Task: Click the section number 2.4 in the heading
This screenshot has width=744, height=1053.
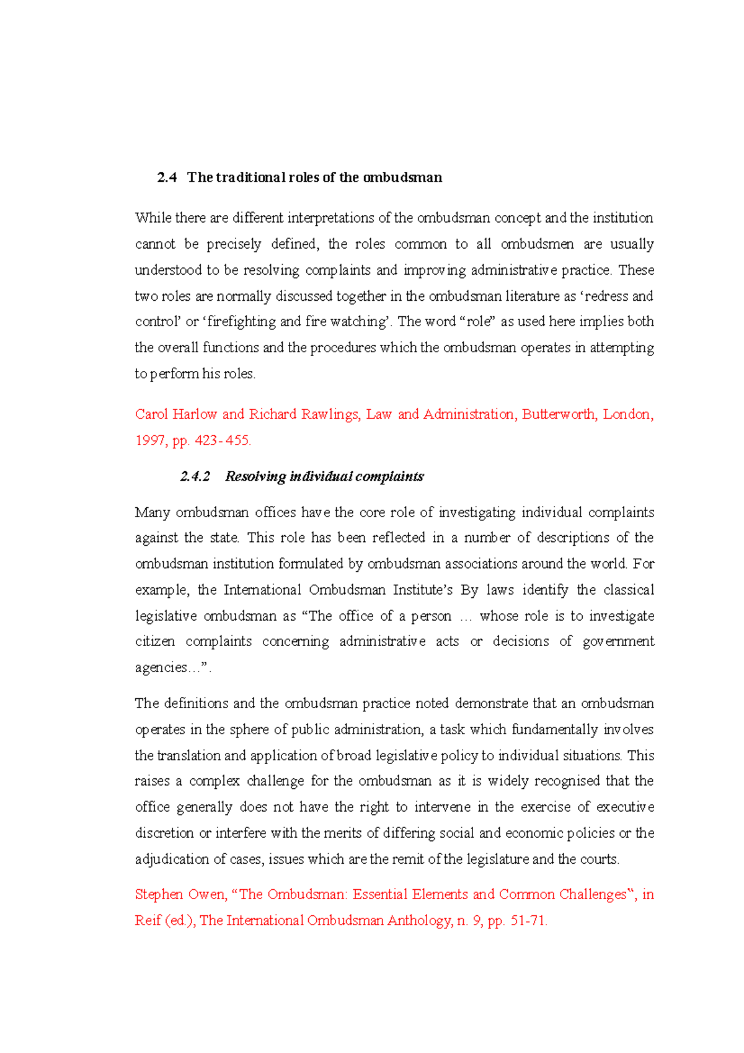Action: [x=167, y=177]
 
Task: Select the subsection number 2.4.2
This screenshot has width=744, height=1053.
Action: [x=195, y=476]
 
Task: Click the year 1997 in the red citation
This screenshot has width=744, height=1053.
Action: [x=150, y=440]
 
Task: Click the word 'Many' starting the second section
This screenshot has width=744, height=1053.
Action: [x=152, y=512]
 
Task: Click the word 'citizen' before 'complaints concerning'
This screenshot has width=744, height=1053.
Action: [x=155, y=641]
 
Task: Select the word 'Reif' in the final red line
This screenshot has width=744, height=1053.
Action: [x=148, y=920]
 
